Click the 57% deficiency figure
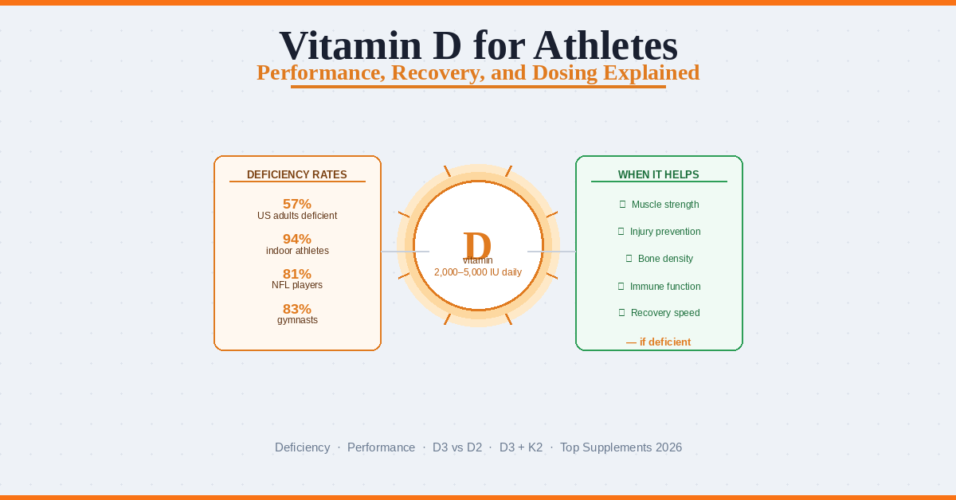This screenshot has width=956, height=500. [x=297, y=204]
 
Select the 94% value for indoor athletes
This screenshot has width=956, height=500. [x=297, y=239]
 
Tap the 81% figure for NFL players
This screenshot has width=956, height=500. [x=297, y=274]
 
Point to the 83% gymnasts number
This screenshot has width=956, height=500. [x=297, y=309]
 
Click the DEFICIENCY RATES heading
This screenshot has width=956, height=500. [x=297, y=174]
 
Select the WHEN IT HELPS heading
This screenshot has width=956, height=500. [x=659, y=174]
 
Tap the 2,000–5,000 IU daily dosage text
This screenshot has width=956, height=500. [x=478, y=272]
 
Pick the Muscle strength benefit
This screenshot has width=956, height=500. [x=664, y=205]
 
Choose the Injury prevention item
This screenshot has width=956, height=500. [x=665, y=232]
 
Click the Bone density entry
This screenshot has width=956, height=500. [x=665, y=259]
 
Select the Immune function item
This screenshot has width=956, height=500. [x=665, y=286]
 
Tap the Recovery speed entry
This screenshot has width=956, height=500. [x=665, y=313]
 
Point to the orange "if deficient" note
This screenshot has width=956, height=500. [x=659, y=342]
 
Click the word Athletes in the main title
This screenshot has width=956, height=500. [x=605, y=45]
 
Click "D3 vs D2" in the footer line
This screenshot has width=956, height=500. [x=457, y=447]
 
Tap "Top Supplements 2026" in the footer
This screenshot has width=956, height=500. [x=621, y=447]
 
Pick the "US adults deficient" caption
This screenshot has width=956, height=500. [x=297, y=216]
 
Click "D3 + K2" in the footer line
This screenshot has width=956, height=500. [x=521, y=447]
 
